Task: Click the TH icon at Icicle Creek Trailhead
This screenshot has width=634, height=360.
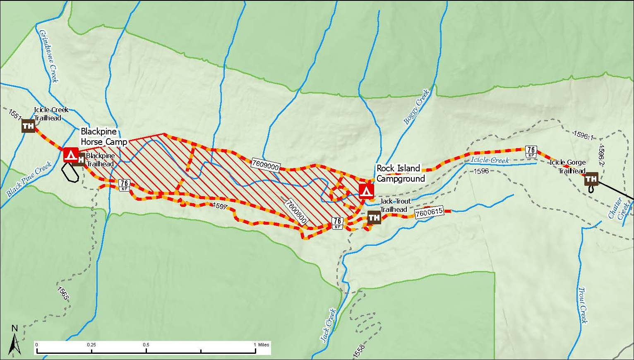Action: click(28, 126)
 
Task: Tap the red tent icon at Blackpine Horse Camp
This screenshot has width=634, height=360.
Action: click(71, 155)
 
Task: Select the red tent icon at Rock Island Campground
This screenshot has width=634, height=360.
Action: click(366, 191)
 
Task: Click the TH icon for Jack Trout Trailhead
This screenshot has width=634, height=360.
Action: click(374, 217)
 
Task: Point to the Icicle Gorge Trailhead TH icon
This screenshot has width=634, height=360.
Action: click(591, 179)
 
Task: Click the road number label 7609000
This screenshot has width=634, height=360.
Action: click(265, 165)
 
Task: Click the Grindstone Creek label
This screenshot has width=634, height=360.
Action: click(48, 56)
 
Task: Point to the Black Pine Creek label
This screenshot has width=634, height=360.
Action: click(29, 179)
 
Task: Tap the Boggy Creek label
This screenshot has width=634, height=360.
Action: click(416, 107)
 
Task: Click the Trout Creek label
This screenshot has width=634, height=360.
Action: click(583, 305)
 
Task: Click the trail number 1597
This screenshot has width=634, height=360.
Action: click(220, 206)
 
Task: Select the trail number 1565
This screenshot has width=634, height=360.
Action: click(63, 293)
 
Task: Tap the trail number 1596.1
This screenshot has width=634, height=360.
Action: click(584, 135)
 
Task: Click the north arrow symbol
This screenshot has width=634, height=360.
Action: click(15, 341)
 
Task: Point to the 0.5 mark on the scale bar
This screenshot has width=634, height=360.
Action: click(146, 345)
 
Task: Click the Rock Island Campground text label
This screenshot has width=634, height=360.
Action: click(400, 173)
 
